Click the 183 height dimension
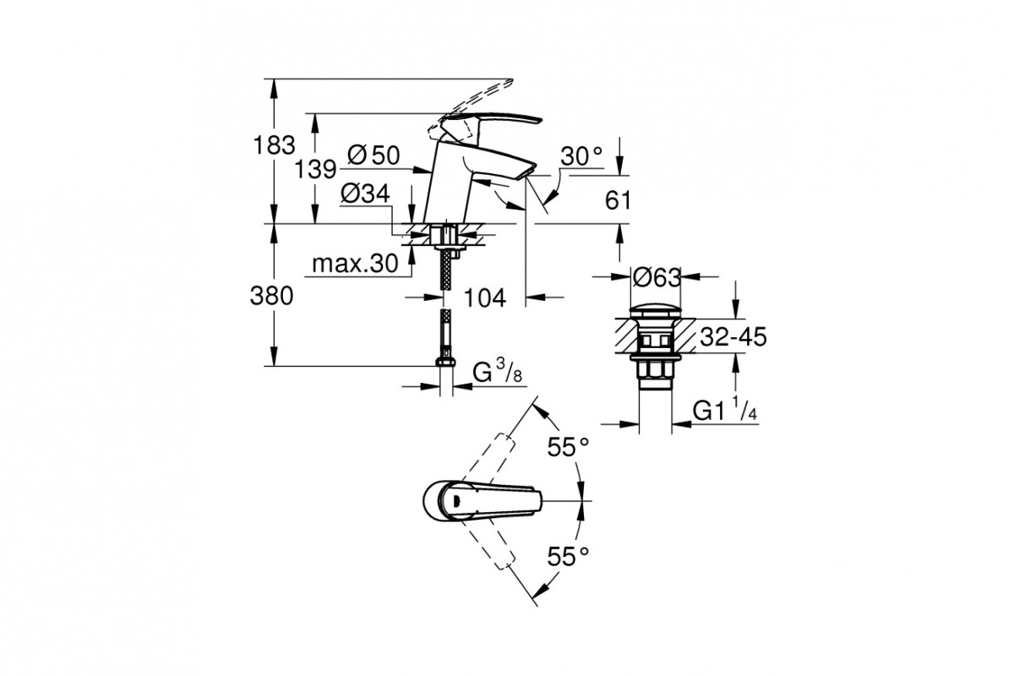click(x=275, y=145)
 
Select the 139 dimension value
click(x=315, y=170)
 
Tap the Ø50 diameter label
click(x=373, y=155)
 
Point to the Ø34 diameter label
click(x=365, y=194)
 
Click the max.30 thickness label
click(x=355, y=263)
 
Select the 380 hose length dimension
click(x=271, y=297)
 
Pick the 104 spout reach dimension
click(x=485, y=298)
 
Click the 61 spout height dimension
click(x=618, y=199)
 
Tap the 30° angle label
click(x=581, y=156)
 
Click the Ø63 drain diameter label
click(x=657, y=277)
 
